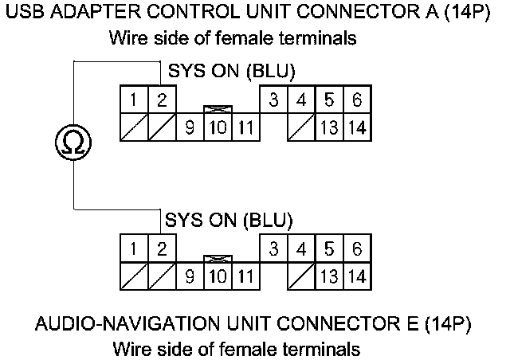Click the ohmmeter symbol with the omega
[x=73, y=143]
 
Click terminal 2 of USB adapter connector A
[x=161, y=101]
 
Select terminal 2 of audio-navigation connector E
[x=161, y=249]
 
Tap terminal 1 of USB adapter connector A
[x=134, y=101]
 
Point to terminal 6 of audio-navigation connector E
[x=356, y=249]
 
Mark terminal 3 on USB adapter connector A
[x=273, y=101]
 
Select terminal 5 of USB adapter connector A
[x=328, y=101]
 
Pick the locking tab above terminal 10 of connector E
[x=217, y=259]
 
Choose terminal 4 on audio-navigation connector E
[x=301, y=249]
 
